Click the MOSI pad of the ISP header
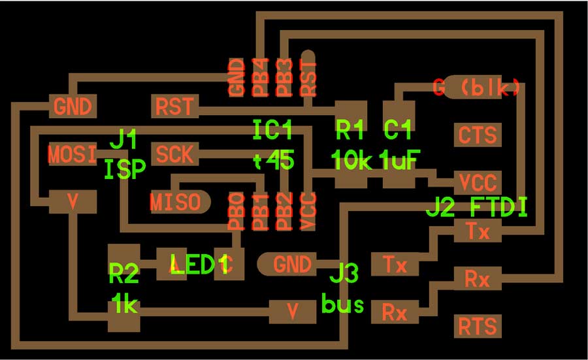pos(73,154)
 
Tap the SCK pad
pos(174,154)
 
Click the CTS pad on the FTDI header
pos(478,135)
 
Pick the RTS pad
pos(478,326)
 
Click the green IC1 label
pos(272,130)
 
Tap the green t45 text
pos(274,160)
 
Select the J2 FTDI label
pos(477,206)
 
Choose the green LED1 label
pos(199,264)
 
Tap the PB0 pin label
pos(237,212)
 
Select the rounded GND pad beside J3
pos(287,264)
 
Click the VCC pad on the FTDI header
pos(478,183)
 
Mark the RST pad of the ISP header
pos(174,106)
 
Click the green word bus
pos(343,304)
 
